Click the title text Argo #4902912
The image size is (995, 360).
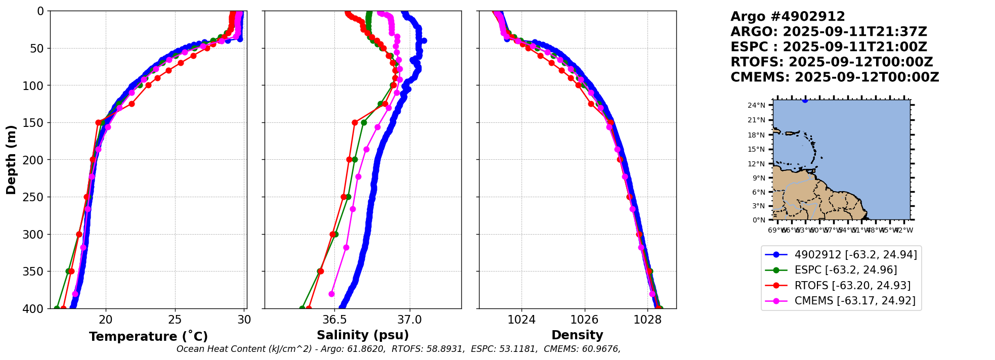788,17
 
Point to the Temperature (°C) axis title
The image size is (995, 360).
148,337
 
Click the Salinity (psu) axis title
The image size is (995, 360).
363,335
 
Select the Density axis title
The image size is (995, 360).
577,335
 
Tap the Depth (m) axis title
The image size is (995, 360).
11,159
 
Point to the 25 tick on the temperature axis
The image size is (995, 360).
175,320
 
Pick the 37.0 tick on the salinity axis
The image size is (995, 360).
410,320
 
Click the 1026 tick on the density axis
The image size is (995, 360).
584,320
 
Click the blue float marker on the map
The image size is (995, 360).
805,100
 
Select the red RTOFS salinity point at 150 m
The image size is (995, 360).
355,122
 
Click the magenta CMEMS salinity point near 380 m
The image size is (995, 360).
332,294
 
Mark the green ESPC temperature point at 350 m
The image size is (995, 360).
68,272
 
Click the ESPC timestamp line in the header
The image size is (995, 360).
829,47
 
